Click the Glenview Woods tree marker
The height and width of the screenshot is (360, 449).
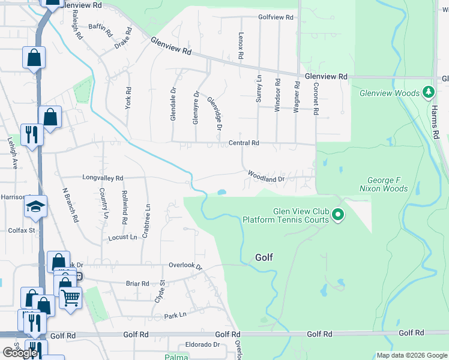coord(428,92)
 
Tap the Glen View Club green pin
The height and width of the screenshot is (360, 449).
coord(338,214)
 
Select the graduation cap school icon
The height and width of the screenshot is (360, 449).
coord(35,207)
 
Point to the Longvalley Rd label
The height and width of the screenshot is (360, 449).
coord(103,178)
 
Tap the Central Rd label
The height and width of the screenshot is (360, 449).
coord(244,143)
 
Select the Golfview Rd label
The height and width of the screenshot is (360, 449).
coord(276,18)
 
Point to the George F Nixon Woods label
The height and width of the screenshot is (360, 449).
coord(387,184)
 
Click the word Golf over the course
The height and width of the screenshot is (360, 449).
coord(264,257)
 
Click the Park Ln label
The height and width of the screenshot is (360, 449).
coord(175,314)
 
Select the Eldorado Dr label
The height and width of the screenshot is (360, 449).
coord(202,345)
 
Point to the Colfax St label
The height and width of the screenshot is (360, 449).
coord(22,230)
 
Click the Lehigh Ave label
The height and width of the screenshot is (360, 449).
coord(13,157)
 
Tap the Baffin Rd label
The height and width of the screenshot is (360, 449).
coord(100,27)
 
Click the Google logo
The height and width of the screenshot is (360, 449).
coord(19,353)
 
